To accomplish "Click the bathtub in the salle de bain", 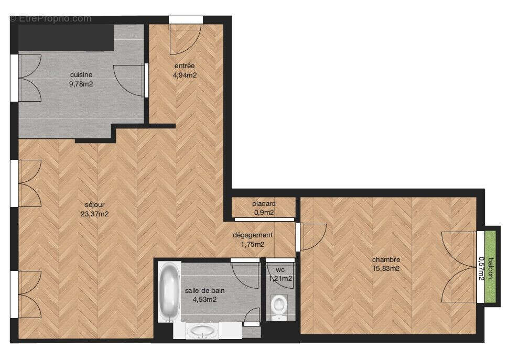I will (169, 292).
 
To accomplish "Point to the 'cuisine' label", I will (81, 75).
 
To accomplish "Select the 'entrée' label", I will (185, 66).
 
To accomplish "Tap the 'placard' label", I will (264, 203).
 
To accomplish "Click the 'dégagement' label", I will (253, 235).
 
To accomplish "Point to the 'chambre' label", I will (386, 259).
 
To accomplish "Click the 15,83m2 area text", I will (386, 268).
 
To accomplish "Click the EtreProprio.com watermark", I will (50, 18).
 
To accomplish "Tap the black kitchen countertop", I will (66, 37).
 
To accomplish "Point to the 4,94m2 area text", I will (185, 75).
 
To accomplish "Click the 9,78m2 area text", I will (81, 83).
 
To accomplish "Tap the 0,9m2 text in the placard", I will (264, 212).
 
